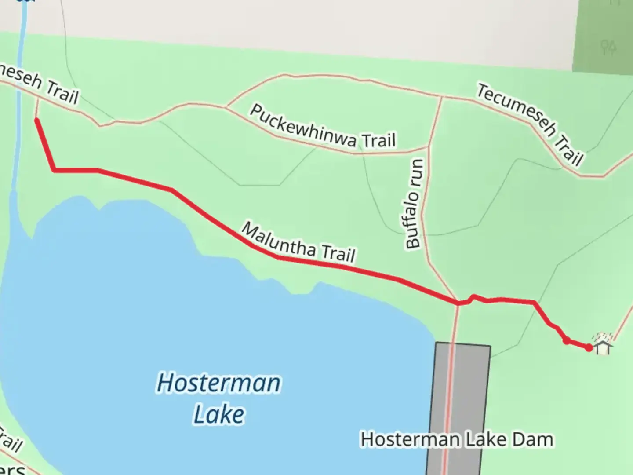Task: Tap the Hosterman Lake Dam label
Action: pos(457,439)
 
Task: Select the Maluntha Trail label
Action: pos(298,243)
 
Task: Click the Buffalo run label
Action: pos(415,204)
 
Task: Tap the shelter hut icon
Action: pos(603,344)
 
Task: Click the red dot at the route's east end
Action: pos(589,348)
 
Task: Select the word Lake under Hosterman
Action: pos(218,414)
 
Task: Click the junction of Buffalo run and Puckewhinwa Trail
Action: pos(428,146)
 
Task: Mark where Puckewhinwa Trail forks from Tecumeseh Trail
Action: pos(226,107)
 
